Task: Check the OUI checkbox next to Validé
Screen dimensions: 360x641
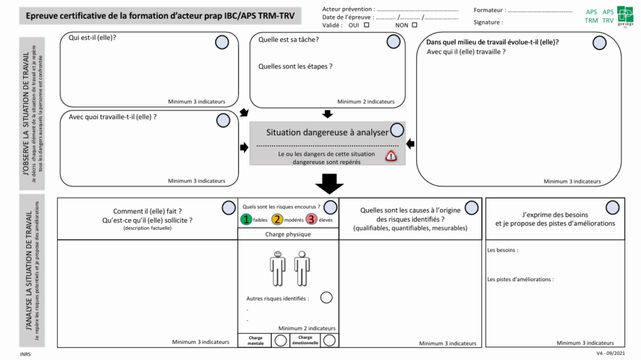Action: coord(366,25)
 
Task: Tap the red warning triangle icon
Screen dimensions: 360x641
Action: coord(391,156)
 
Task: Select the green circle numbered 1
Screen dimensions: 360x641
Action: coord(247,219)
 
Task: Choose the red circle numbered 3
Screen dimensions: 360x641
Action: coord(311,219)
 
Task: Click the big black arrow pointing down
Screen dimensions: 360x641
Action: coord(329,183)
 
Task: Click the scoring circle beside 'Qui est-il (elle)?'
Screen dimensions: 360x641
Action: coord(222,42)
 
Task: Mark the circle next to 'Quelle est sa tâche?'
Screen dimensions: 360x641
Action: coord(393,41)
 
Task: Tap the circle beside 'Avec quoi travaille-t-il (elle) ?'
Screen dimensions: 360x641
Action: coord(223,120)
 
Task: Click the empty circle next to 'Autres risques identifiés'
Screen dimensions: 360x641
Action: coord(326,297)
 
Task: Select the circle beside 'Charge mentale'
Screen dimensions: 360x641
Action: coord(281,340)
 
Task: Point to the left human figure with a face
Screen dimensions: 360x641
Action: coord(277,268)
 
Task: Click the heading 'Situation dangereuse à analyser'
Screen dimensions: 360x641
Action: coord(327,132)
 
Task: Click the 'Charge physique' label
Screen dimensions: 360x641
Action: coord(288,234)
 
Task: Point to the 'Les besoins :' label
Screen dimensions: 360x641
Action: coord(503,250)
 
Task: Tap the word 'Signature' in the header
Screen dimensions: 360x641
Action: coord(488,23)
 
